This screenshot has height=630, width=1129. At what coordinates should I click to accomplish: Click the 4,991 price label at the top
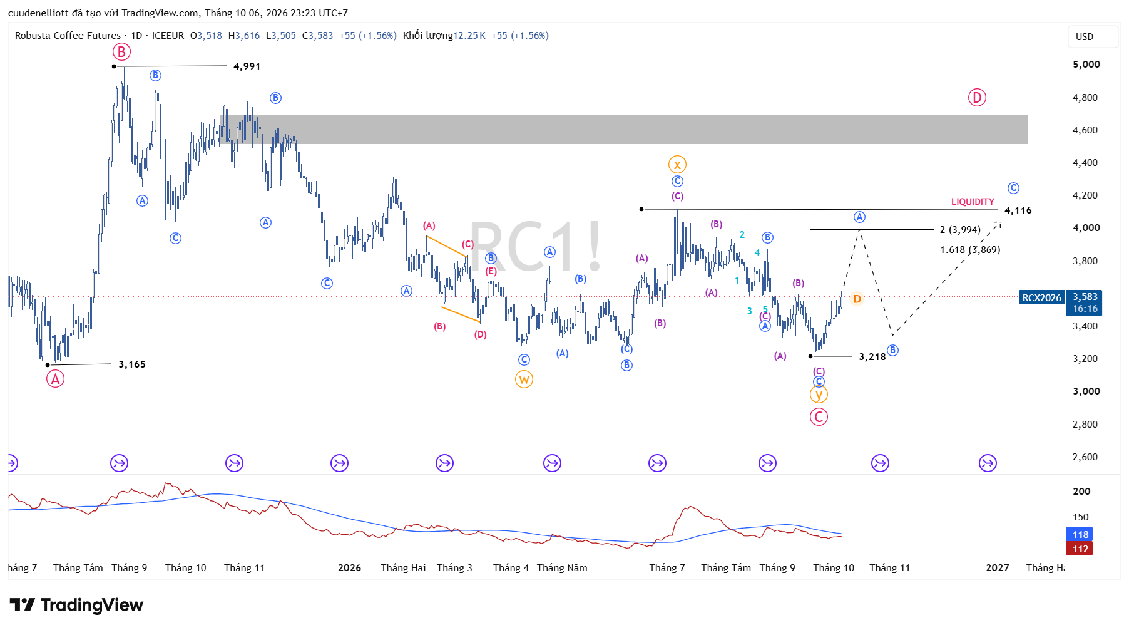coord(247,66)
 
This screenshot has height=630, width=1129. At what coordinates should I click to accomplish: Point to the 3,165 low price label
coord(132,364)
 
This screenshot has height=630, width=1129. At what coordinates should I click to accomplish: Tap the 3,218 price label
coord(872,357)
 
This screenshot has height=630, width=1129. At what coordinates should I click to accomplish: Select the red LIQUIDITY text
coord(973,202)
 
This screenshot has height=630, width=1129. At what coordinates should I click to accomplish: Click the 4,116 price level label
coord(1018,210)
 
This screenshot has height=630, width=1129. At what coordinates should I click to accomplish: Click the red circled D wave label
coord(977,98)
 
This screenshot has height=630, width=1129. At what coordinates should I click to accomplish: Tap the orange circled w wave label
coord(524,380)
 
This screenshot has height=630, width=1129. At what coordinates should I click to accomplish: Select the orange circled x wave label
coord(677,165)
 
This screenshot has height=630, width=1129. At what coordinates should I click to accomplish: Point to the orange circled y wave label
coord(819,395)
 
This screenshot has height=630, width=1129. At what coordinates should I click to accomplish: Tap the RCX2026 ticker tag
coord(1041,297)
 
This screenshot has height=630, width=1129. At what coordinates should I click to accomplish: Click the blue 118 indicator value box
coord(1080,534)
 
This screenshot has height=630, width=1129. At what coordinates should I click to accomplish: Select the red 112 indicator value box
coord(1080,549)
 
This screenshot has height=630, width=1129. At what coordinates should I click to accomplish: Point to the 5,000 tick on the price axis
coord(1086,65)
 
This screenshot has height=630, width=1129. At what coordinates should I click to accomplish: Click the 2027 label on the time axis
coord(998,568)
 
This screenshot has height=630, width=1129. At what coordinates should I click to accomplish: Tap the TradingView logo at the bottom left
coord(76,605)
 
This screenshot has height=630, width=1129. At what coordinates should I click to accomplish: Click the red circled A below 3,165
coord(55,379)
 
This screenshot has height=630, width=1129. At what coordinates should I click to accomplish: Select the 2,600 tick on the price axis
coord(1085,457)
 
